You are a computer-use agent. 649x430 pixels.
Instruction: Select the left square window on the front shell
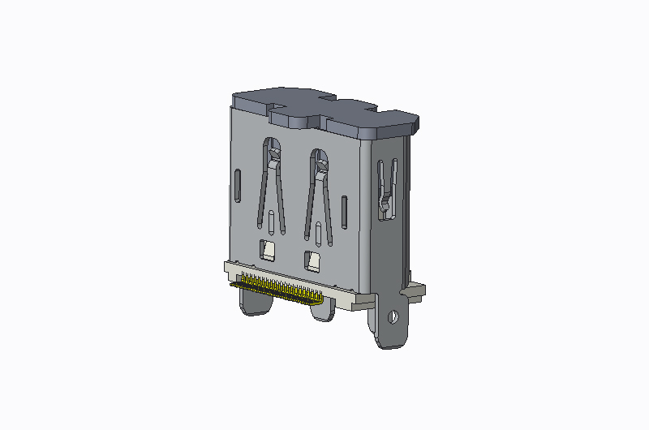point(268,250)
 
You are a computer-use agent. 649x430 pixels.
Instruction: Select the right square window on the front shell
point(312,260)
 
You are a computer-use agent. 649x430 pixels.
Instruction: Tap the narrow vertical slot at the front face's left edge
point(237,186)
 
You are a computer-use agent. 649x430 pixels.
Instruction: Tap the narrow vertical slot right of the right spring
point(345,212)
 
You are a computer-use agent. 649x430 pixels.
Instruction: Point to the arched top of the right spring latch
point(320,158)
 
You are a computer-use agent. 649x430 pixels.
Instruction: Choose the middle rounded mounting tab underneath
point(321,312)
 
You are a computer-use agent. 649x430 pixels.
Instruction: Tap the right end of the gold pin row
point(319,299)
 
